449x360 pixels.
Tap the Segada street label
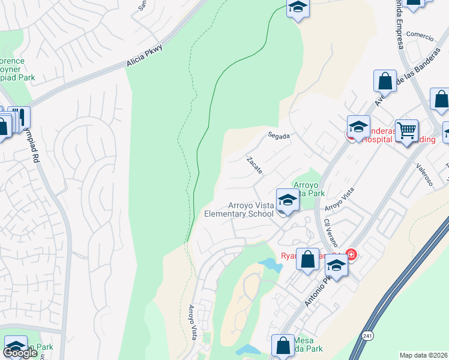[279, 136]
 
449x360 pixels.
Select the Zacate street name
[255, 166]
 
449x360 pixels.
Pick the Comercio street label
[420, 35]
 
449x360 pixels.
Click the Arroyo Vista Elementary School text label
[239, 209]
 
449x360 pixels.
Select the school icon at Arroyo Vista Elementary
[287, 200]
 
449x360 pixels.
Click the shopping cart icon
[406, 130]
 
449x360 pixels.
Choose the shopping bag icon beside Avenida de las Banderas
[385, 80]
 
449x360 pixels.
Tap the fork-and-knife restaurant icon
[19, 117]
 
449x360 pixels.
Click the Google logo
[20, 353]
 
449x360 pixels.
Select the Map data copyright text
[423, 355]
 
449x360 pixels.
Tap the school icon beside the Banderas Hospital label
[358, 127]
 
